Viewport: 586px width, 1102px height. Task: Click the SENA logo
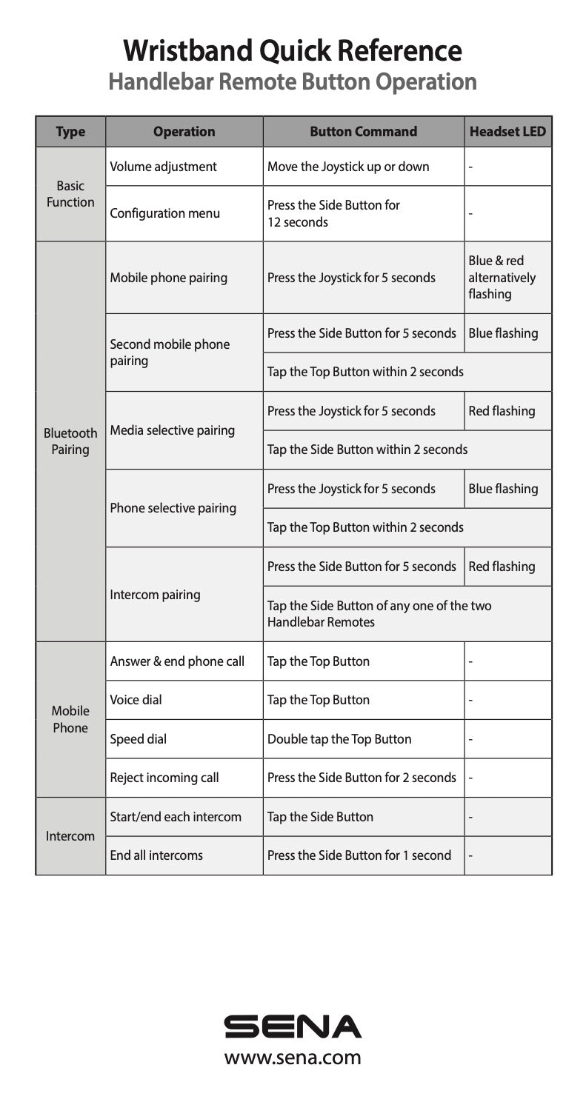tap(293, 1026)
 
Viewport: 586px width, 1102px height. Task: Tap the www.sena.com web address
tap(293, 1057)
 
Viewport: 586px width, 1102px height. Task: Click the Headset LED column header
tap(507, 132)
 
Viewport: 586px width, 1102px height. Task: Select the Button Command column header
tap(363, 132)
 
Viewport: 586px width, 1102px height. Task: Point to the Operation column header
tap(184, 132)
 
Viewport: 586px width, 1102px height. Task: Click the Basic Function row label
tap(70, 193)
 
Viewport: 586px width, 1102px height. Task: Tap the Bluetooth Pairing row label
tap(70, 441)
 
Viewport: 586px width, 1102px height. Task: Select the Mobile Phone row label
tap(70, 719)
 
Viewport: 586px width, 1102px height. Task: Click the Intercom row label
tap(70, 836)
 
